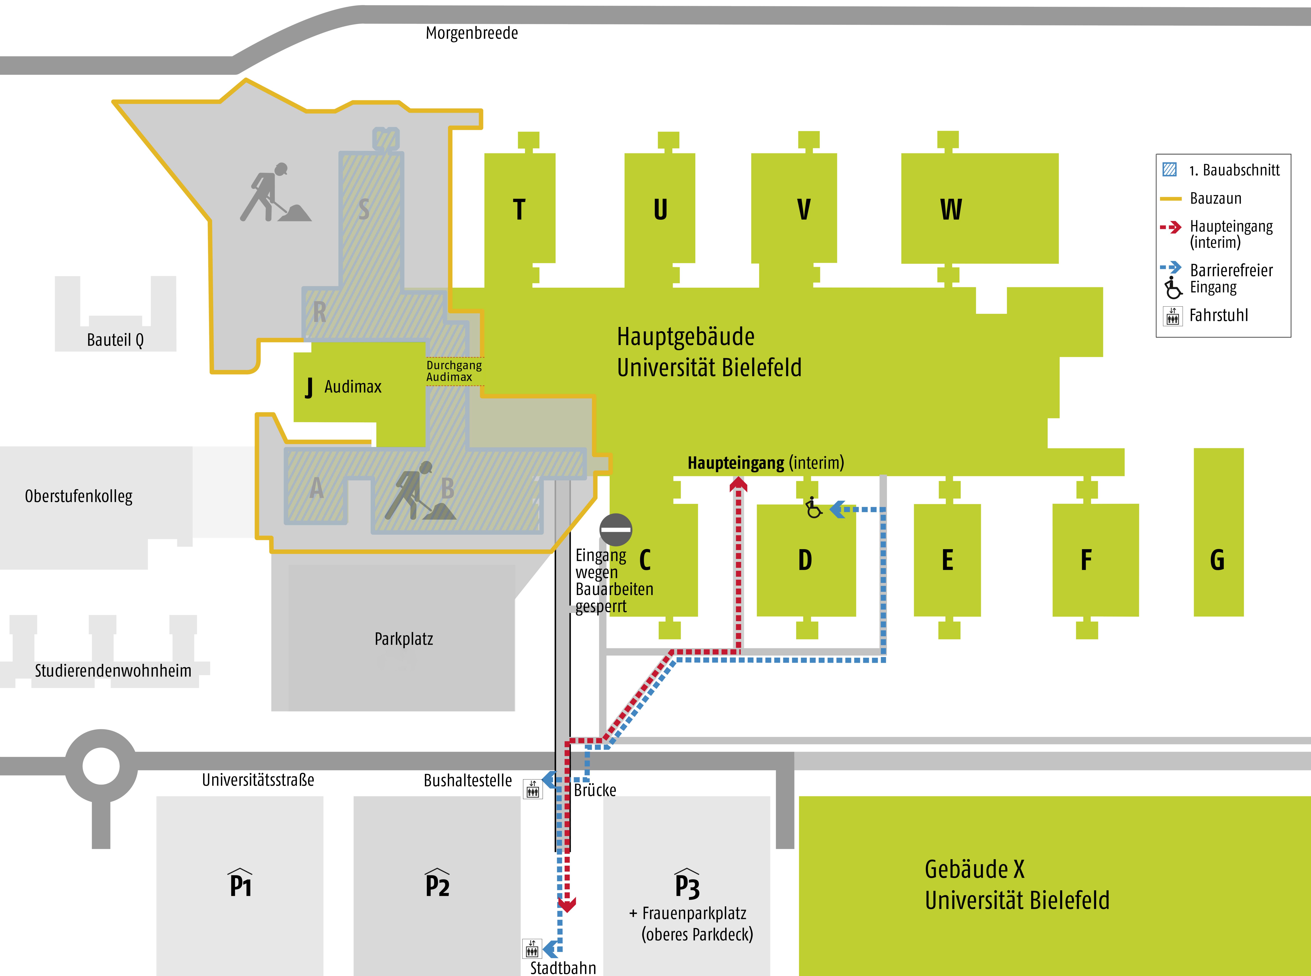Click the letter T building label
(x=519, y=210)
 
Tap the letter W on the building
(x=951, y=210)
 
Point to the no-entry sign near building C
(x=616, y=529)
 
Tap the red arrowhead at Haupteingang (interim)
(x=738, y=484)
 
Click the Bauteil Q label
(x=115, y=340)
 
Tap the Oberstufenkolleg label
(x=79, y=496)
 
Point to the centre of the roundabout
(x=101, y=766)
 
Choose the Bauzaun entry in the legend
(x=1215, y=199)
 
